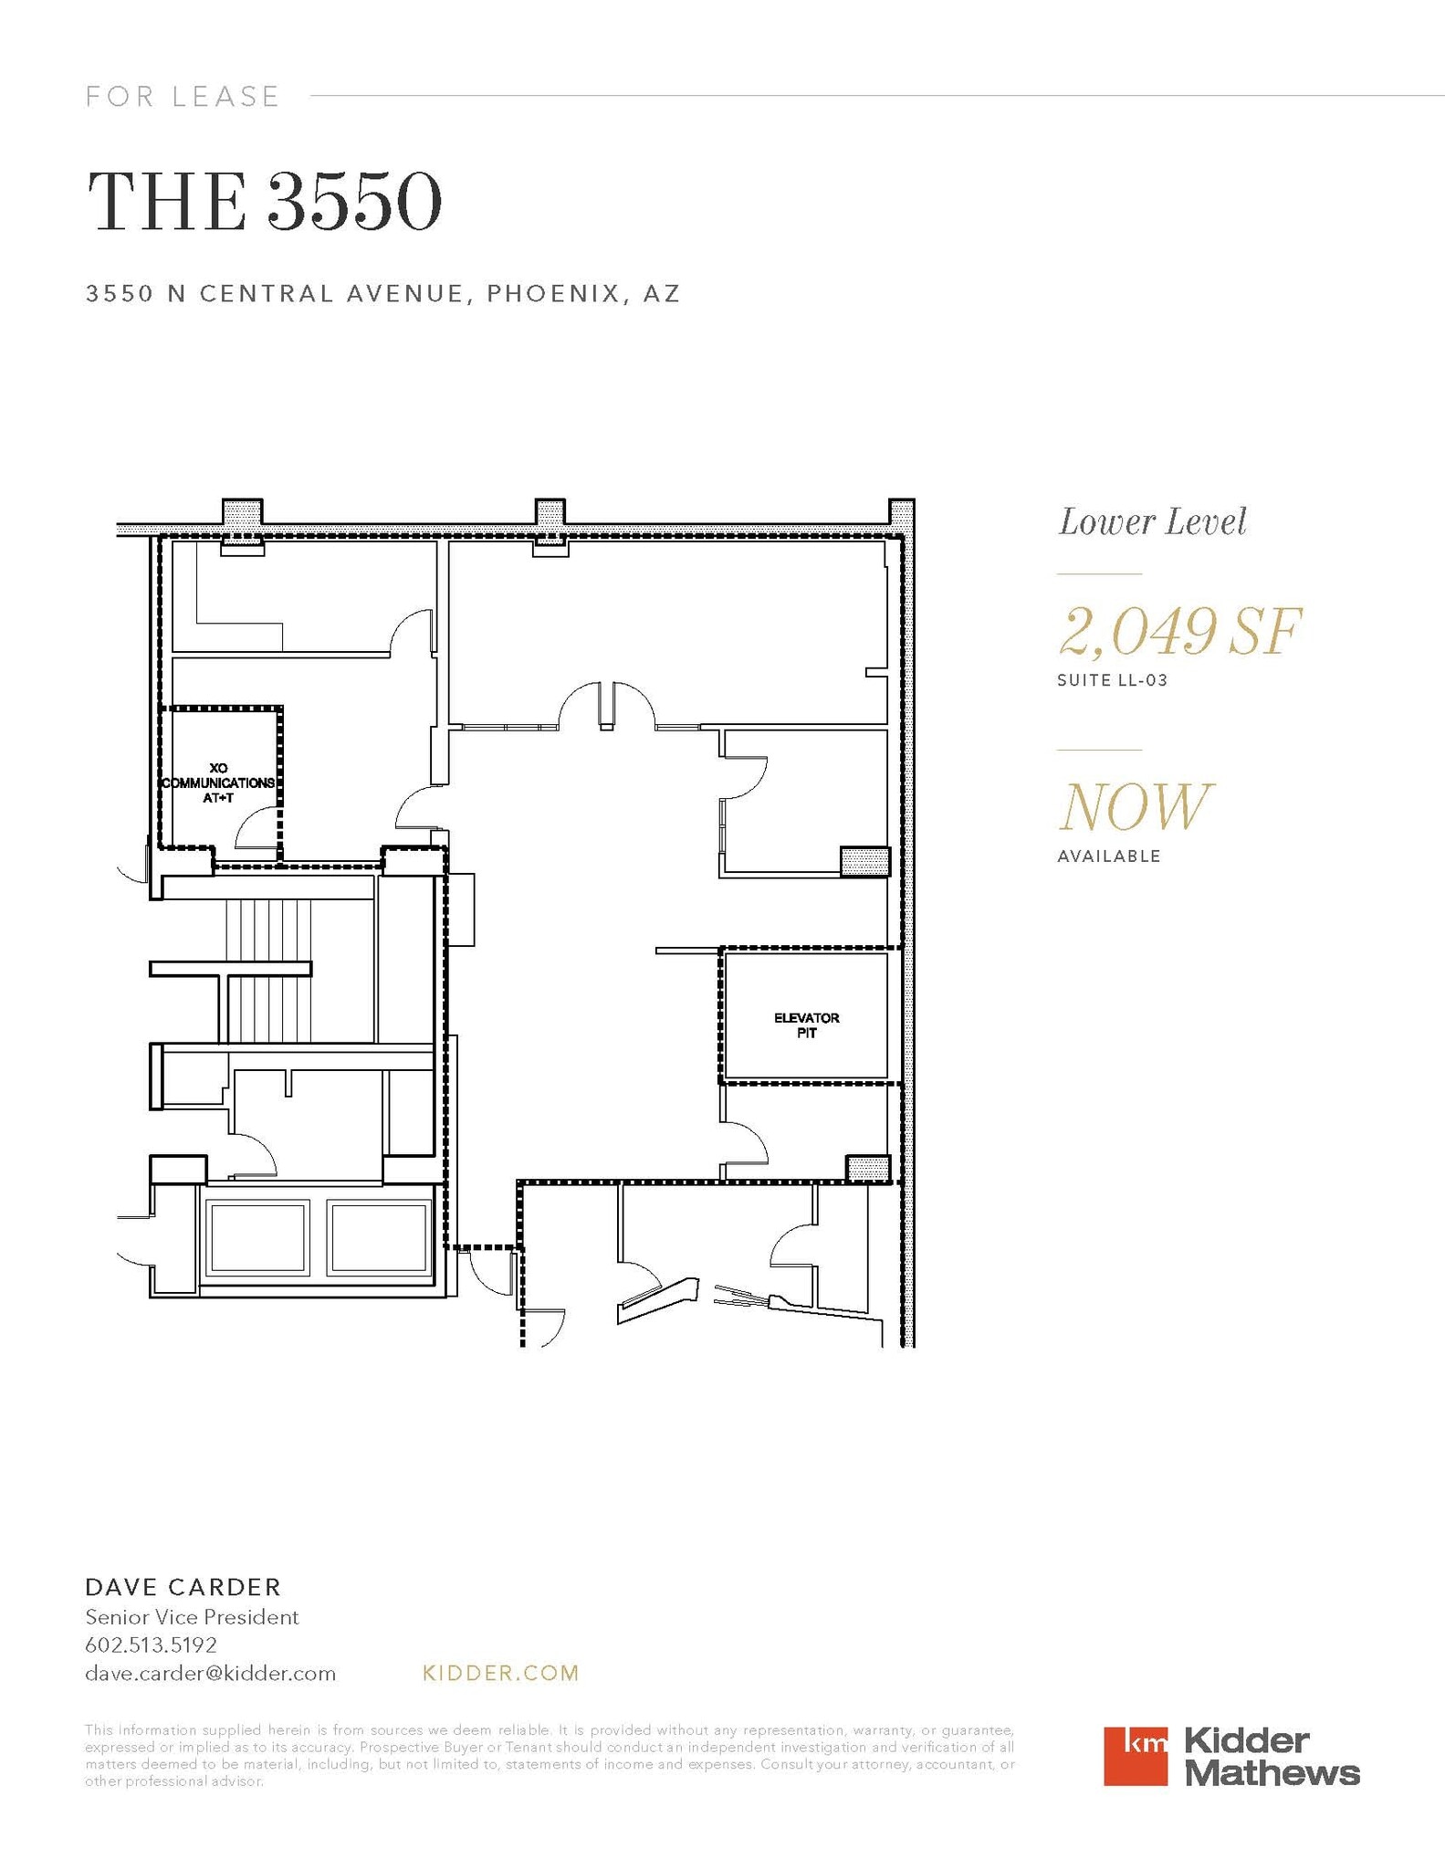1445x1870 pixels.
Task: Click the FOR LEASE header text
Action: (x=183, y=96)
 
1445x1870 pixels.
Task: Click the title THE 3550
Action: (x=265, y=202)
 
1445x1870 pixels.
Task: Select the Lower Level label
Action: (x=1152, y=522)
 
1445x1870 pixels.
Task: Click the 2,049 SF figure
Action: (x=1179, y=632)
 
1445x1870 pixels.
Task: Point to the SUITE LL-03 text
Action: (x=1112, y=680)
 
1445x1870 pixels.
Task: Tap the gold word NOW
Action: (x=1135, y=807)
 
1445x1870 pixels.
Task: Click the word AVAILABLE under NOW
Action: (x=1109, y=856)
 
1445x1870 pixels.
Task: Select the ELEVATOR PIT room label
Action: (x=806, y=1024)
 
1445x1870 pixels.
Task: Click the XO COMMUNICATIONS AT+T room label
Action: (x=218, y=783)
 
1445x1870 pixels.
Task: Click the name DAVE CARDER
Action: (x=183, y=1586)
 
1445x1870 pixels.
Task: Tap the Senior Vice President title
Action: (x=192, y=1617)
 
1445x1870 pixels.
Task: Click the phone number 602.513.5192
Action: (x=151, y=1644)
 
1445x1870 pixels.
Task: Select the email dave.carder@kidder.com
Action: (x=210, y=1673)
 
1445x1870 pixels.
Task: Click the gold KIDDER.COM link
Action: (x=501, y=1673)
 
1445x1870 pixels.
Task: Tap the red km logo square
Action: (x=1135, y=1756)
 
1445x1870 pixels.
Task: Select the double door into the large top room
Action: (x=607, y=708)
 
